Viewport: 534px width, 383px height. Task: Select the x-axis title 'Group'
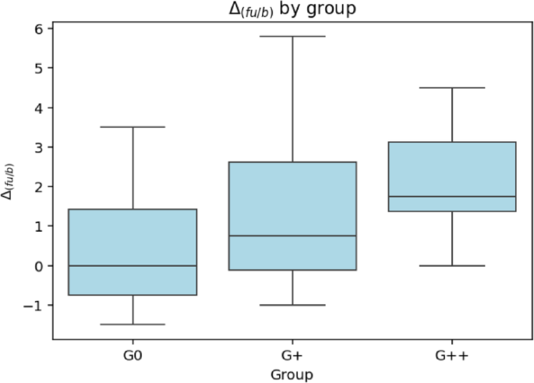pyautogui.click(x=292, y=375)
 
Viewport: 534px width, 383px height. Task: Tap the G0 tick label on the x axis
pyautogui.click(x=133, y=356)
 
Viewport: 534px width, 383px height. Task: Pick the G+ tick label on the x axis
pyautogui.click(x=292, y=356)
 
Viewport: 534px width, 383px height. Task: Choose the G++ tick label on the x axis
pyautogui.click(x=452, y=356)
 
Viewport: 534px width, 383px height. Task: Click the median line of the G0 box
pyautogui.click(x=133, y=266)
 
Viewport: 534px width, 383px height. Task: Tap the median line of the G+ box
pyautogui.click(x=292, y=236)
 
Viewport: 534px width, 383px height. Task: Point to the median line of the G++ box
pyautogui.click(x=452, y=197)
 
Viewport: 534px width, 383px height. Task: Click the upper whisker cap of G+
pyautogui.click(x=292, y=36)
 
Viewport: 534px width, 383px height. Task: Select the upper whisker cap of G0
pyautogui.click(x=133, y=127)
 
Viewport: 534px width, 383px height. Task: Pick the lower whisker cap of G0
pyautogui.click(x=133, y=324)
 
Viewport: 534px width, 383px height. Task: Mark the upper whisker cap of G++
pyautogui.click(x=452, y=87)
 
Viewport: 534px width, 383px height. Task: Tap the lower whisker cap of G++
pyautogui.click(x=452, y=266)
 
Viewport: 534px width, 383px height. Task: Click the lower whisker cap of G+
pyautogui.click(x=292, y=305)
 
